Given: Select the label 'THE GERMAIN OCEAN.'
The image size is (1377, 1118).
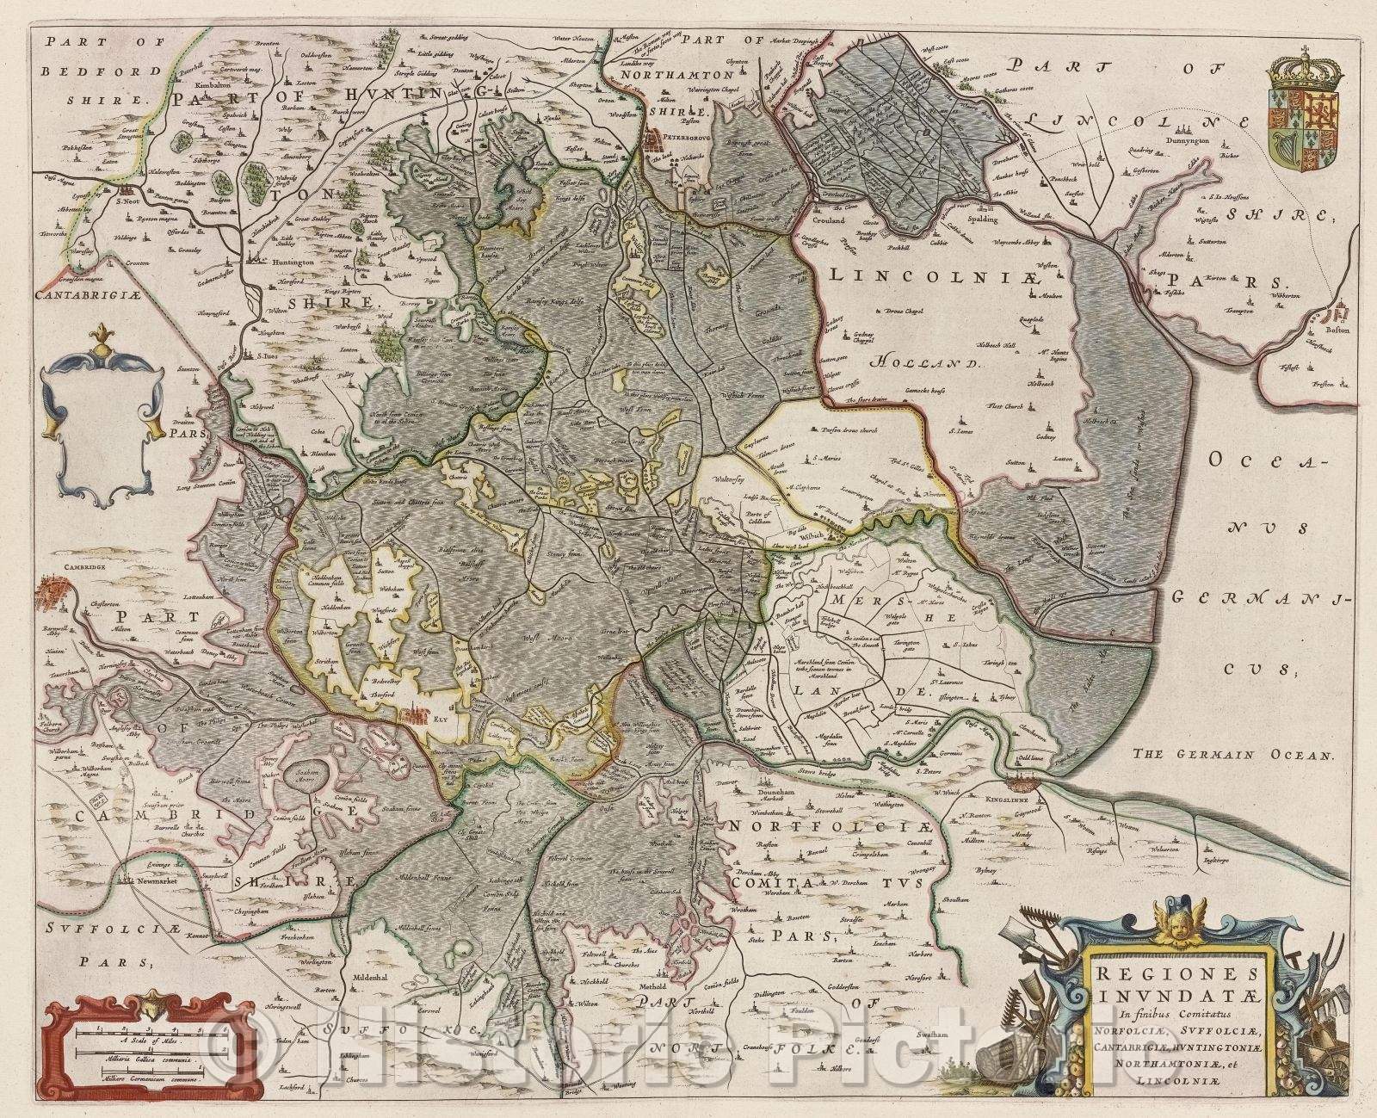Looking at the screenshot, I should coord(1233,755).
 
